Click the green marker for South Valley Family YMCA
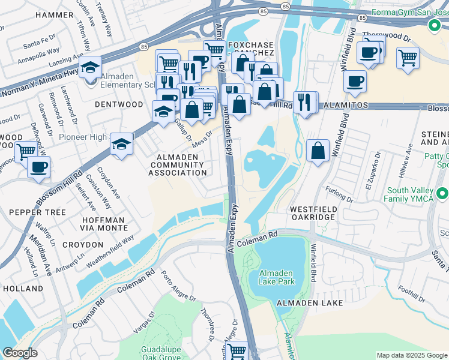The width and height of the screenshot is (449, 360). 442,194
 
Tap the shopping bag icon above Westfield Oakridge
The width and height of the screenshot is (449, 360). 318,151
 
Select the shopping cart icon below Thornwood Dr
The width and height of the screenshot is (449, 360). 408,58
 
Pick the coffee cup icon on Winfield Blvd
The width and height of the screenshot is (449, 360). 355,81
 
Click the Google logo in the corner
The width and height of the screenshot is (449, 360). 20,353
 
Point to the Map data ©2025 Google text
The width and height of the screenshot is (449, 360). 412,355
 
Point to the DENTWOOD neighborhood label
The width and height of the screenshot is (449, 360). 119,104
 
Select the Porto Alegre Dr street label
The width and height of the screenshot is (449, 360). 172,287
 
